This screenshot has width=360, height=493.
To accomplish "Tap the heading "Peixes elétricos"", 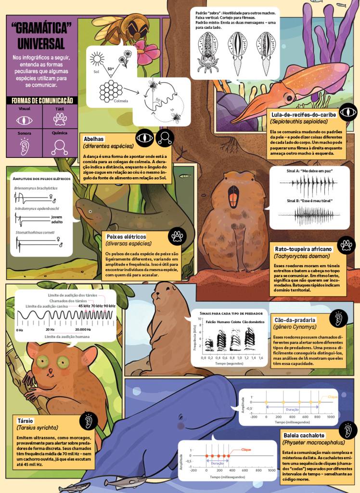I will (x=126, y=236).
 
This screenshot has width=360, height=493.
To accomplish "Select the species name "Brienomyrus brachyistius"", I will (x=36, y=188).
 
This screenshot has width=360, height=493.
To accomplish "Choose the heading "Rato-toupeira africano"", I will (x=303, y=249).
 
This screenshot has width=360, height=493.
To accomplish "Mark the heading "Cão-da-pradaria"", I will (x=295, y=320).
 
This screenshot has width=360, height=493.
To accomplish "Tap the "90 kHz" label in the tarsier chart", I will (x=109, y=306).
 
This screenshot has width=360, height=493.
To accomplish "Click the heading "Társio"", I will (x=26, y=420).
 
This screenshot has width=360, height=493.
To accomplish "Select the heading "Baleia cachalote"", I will (x=304, y=435).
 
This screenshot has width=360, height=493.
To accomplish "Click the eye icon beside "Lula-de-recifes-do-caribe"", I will (x=347, y=113).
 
